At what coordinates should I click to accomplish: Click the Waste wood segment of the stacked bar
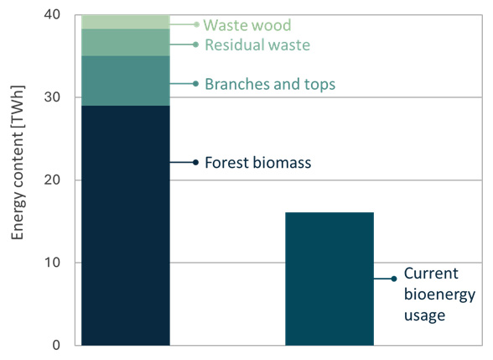click(126, 22)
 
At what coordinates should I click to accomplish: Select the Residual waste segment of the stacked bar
click(126, 43)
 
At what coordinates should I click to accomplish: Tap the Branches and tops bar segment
click(126, 81)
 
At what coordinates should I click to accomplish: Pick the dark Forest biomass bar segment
click(126, 225)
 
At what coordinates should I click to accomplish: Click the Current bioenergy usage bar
click(330, 279)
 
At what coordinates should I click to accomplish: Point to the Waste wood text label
click(247, 25)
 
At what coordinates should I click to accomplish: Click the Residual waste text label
click(257, 44)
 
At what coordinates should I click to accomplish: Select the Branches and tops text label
click(270, 84)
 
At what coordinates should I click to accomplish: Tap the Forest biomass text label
click(258, 163)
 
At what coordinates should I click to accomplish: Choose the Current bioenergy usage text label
click(439, 295)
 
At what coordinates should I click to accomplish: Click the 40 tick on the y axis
click(52, 14)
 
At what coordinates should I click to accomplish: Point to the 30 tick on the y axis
click(52, 97)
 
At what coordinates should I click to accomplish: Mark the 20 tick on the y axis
click(52, 180)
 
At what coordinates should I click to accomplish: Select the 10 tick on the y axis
click(52, 263)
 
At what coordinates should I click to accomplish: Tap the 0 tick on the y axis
click(56, 345)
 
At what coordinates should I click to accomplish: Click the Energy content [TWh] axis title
click(18, 163)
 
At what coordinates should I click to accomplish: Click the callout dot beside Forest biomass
click(195, 163)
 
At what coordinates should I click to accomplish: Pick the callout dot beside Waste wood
click(196, 24)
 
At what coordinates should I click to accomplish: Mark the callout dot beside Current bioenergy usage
click(394, 279)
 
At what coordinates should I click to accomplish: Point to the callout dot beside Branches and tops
click(195, 84)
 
